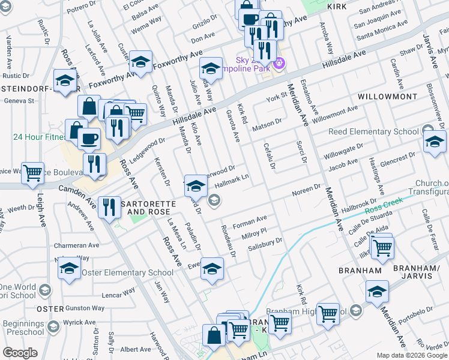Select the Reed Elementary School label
click(373, 131)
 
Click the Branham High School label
click(306, 311)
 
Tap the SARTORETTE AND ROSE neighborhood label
click(148, 208)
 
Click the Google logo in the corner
click(20, 353)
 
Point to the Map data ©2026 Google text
click(412, 355)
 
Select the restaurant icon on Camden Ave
click(109, 207)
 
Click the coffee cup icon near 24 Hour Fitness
click(89, 139)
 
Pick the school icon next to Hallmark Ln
click(196, 186)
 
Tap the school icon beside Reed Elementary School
click(435, 142)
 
